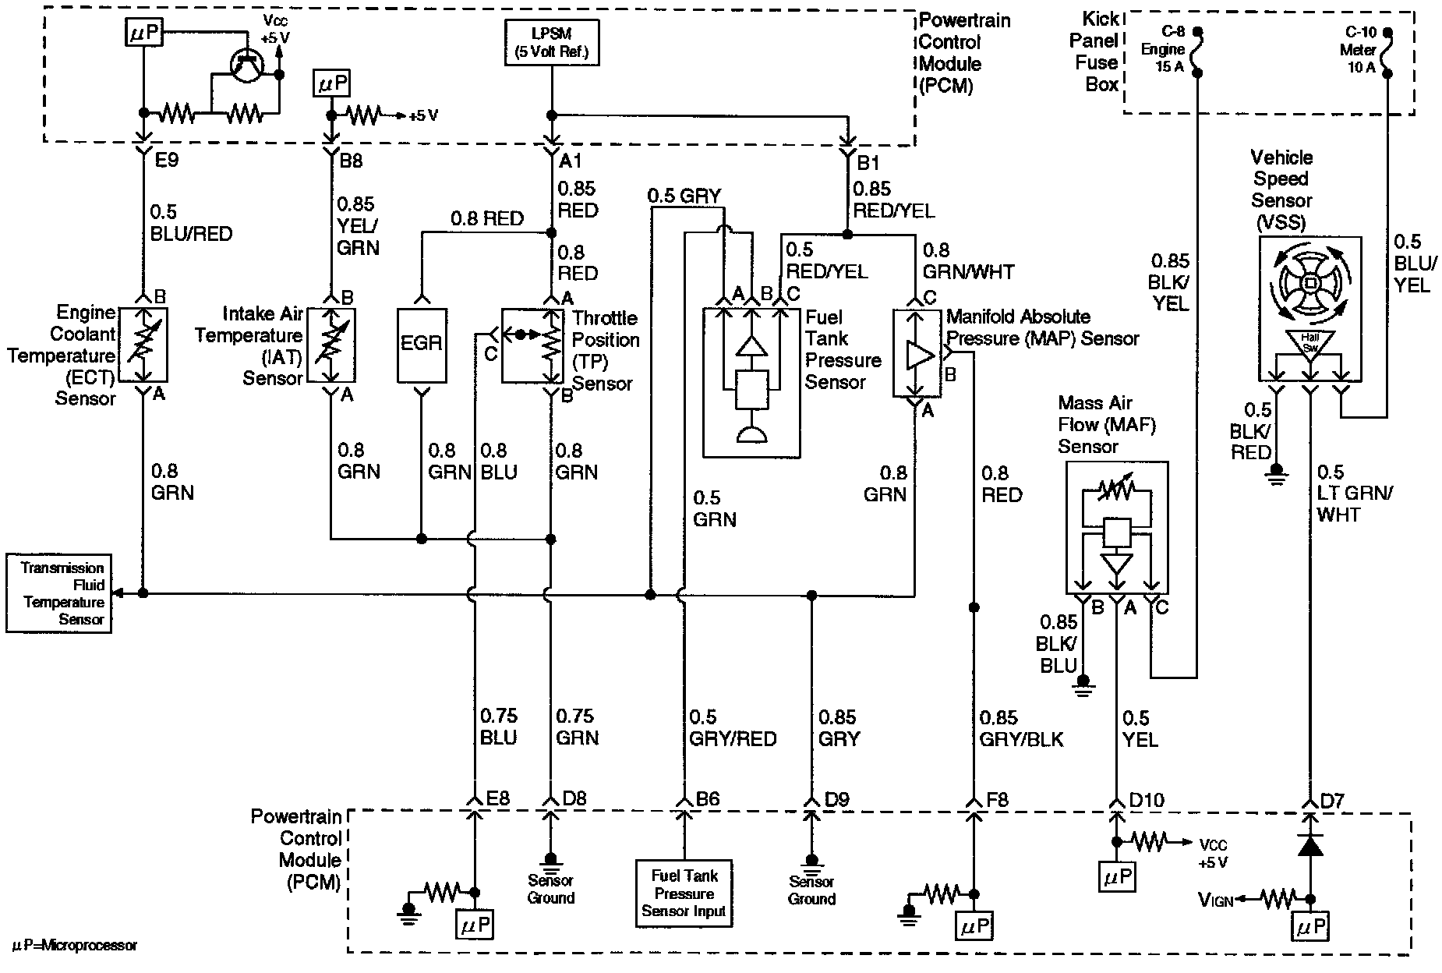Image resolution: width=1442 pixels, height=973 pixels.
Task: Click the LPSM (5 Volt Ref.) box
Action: pos(552,44)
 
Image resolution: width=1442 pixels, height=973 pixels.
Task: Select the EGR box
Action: pos(421,344)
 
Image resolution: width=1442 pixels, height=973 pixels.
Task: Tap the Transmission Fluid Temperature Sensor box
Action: pos(58,593)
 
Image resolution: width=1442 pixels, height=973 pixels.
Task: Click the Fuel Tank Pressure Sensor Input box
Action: pos(684,893)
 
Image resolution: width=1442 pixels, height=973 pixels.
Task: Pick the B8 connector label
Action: pos(351,162)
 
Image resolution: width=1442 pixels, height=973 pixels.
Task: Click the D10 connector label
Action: pos(1146,800)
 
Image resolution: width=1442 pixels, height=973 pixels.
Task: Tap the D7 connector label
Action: pos(1332,800)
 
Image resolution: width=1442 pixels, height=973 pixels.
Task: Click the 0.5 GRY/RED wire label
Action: pos(731,727)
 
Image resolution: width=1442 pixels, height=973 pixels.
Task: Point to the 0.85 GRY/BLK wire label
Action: pos(1021,727)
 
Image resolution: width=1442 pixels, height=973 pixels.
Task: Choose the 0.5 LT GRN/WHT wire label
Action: pos(1355,493)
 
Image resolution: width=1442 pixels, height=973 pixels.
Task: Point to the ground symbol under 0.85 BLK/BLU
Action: pos(1082,684)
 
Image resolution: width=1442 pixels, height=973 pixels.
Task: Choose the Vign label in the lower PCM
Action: pos(1216,901)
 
